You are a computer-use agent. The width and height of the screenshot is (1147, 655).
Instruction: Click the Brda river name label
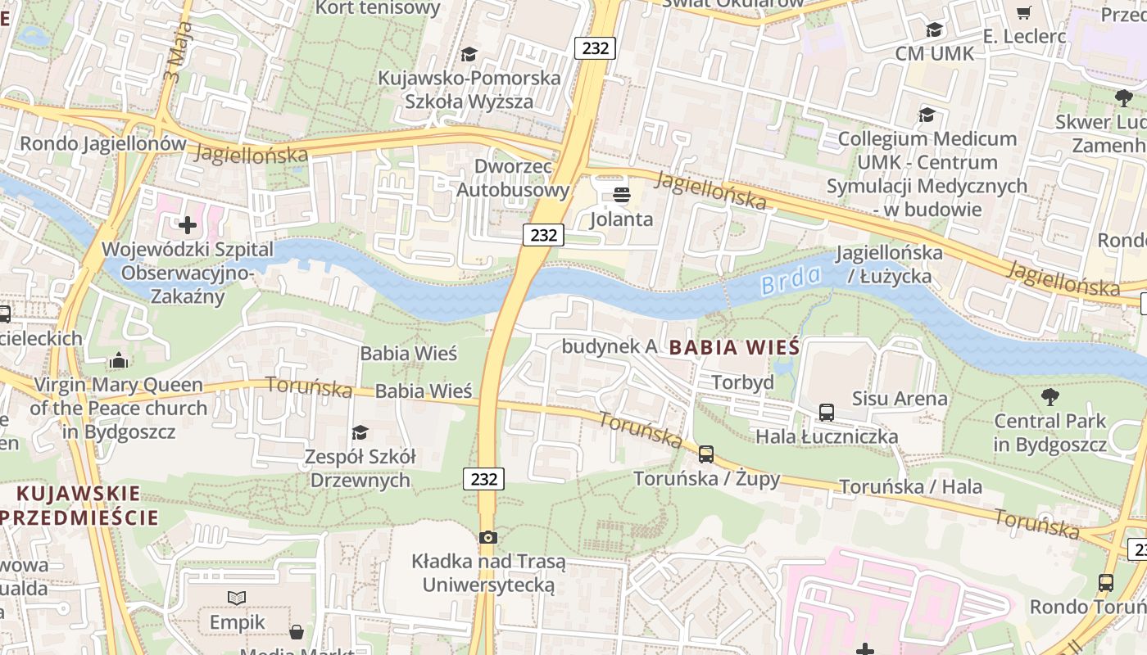(791, 281)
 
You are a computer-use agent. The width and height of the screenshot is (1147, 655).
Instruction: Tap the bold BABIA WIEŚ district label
(734, 347)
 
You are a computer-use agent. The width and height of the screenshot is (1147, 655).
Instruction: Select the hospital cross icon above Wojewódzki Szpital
(188, 224)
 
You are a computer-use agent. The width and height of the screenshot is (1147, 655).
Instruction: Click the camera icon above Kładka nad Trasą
(488, 537)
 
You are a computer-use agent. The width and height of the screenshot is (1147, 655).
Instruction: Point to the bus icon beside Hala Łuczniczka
(827, 413)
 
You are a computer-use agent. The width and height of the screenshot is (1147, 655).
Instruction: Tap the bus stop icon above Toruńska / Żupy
(706, 454)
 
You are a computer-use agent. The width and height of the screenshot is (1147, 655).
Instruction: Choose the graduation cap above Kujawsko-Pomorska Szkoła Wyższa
(469, 54)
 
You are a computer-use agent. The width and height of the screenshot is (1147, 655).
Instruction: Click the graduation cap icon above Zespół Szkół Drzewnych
(360, 432)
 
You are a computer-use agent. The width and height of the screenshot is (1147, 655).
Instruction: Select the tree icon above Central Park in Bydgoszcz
(1050, 397)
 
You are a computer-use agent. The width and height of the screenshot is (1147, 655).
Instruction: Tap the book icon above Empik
(237, 599)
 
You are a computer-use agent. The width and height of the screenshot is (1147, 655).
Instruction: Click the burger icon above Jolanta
(622, 195)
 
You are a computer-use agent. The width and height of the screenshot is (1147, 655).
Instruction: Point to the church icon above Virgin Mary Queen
(119, 360)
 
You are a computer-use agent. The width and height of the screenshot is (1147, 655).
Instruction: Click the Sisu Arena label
(900, 399)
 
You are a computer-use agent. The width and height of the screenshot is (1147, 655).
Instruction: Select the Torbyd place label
(742, 382)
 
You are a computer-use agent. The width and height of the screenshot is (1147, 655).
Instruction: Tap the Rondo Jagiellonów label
(103, 144)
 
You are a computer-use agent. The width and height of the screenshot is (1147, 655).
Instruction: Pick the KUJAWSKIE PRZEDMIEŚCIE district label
(79, 505)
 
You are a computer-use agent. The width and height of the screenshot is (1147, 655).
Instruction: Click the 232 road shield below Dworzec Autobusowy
(543, 235)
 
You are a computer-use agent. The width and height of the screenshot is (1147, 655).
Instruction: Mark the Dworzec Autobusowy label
(512, 178)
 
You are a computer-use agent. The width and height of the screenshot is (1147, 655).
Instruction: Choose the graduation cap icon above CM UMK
(934, 30)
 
